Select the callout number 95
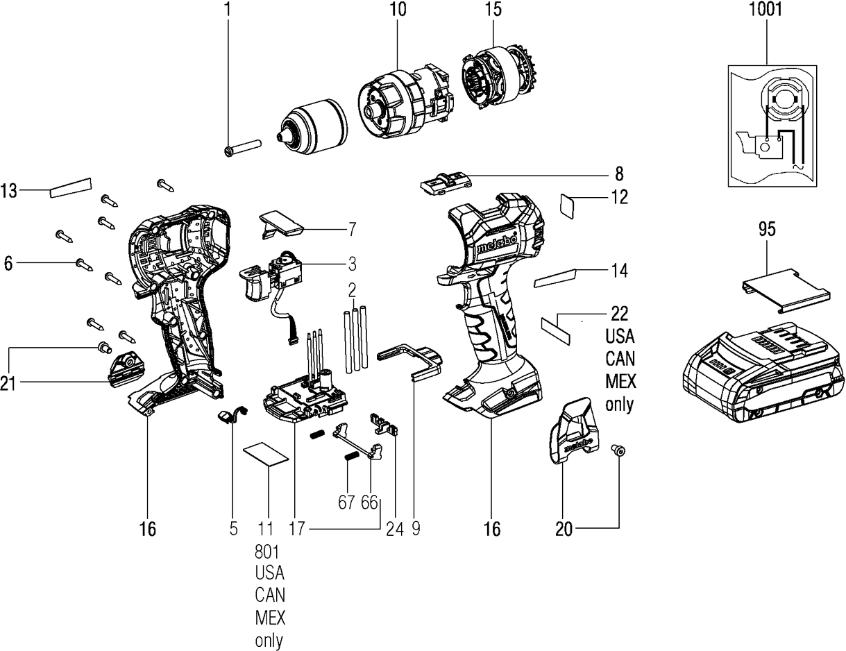(766, 230)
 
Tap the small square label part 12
(570, 205)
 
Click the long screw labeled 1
(243, 146)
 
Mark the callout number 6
(8, 263)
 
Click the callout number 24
(394, 529)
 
